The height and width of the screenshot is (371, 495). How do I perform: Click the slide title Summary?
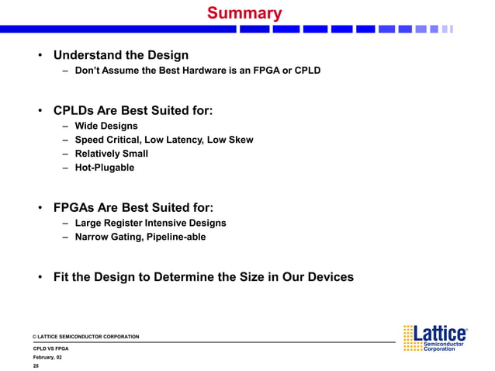pos(244,13)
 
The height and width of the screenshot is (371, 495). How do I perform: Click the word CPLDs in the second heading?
pos(74,110)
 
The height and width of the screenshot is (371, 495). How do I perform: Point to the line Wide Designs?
pos(106,126)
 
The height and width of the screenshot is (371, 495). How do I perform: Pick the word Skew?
pos(240,140)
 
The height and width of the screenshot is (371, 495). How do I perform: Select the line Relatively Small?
pos(111,154)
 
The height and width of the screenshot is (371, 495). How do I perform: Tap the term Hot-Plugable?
pos(104,168)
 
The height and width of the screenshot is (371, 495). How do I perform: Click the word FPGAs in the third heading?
pos(75,207)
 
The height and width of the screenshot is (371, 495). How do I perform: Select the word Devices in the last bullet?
pos(326,276)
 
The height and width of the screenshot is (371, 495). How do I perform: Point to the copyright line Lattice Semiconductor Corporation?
pos(86,337)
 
